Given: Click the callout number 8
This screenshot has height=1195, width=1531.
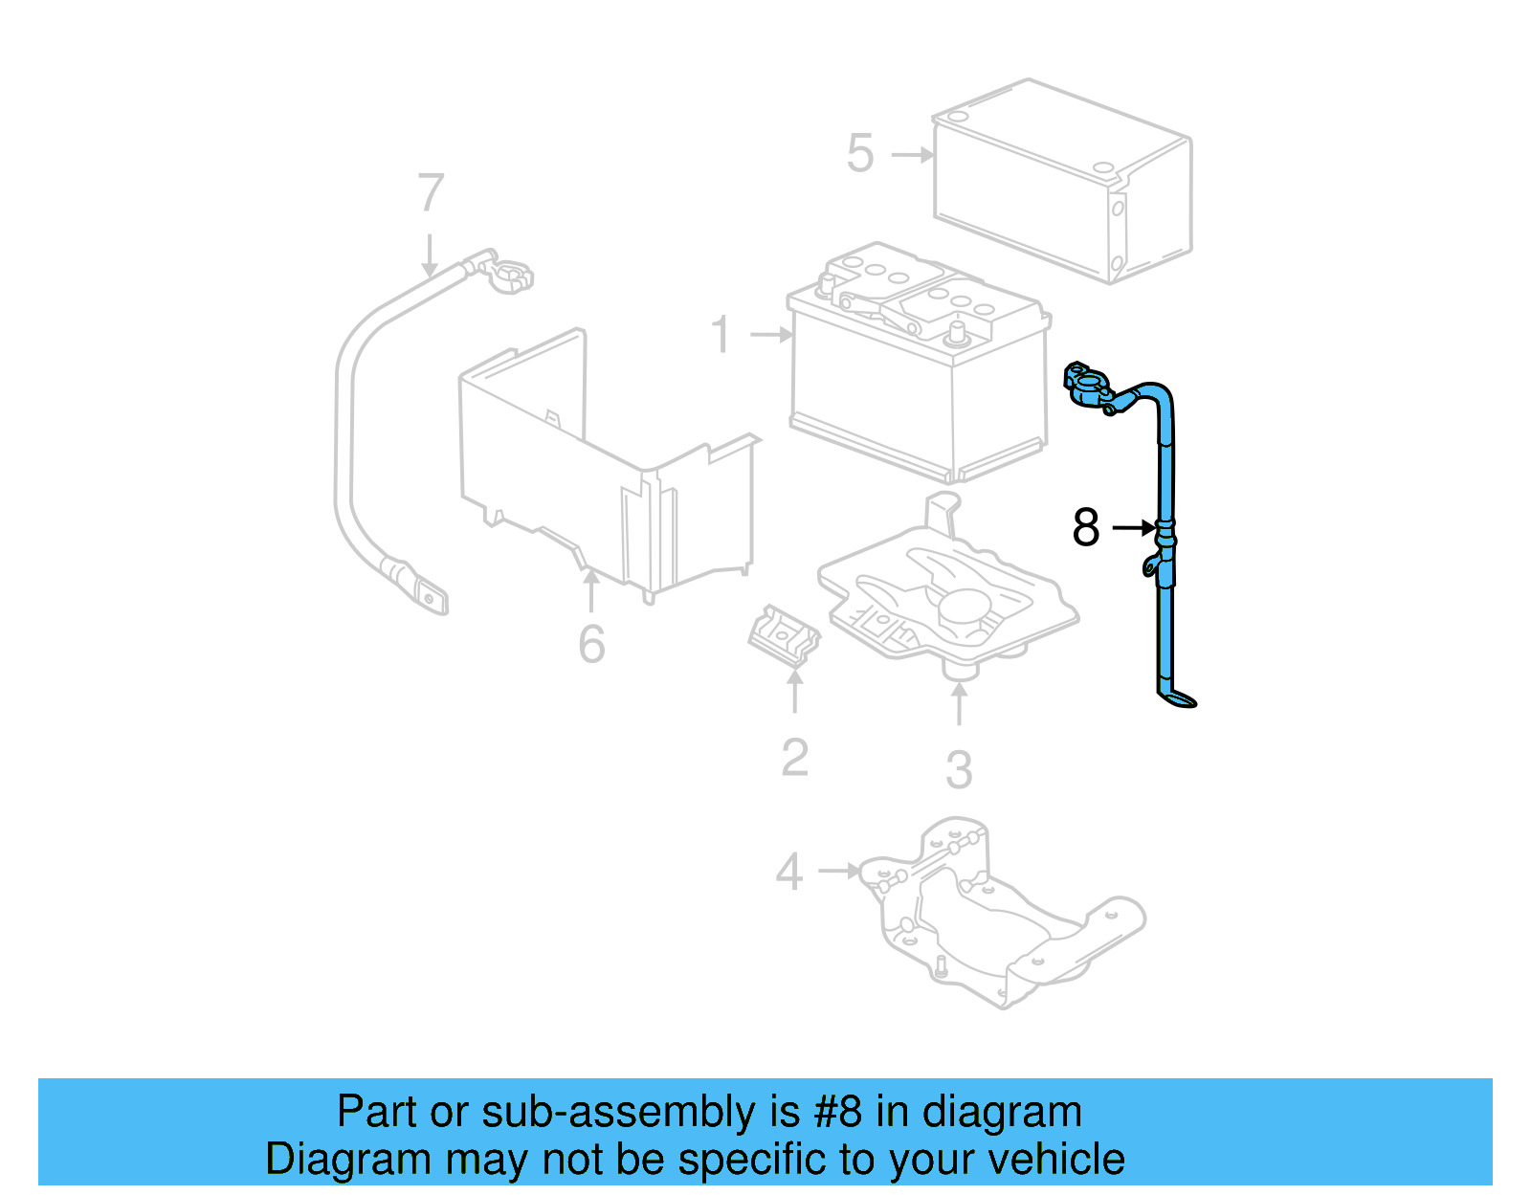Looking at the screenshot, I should (x=1086, y=527).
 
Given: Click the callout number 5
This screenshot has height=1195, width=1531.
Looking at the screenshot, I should (x=860, y=154).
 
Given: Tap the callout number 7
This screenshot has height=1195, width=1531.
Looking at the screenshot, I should (x=431, y=192).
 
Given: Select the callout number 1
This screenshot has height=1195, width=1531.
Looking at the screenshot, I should (x=721, y=335).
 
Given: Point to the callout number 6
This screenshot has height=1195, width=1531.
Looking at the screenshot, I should (x=591, y=644).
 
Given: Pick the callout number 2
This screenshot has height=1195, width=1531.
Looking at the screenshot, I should (x=794, y=758).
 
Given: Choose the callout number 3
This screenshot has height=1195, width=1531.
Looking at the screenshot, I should (x=959, y=770).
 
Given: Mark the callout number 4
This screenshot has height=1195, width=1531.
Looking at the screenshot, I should (x=789, y=872).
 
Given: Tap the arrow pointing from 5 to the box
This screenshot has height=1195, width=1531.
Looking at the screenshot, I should (x=912, y=154).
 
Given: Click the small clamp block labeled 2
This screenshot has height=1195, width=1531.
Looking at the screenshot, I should (x=783, y=635).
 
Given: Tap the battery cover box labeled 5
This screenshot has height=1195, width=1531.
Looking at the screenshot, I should (x=1062, y=182).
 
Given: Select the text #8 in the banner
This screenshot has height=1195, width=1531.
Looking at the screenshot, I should (x=838, y=1112).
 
